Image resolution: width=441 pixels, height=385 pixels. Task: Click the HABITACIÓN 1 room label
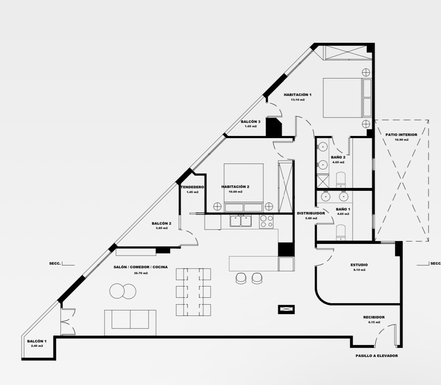click(298, 95)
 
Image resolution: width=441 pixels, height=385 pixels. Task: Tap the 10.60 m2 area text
click(235, 192)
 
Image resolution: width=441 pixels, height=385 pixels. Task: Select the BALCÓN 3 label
click(250, 122)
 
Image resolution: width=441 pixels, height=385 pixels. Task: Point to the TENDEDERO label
click(192, 187)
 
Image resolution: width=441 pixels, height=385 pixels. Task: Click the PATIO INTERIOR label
click(401, 135)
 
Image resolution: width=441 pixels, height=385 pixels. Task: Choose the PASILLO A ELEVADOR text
click(377, 356)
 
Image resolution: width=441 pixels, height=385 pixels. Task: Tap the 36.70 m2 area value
click(141, 273)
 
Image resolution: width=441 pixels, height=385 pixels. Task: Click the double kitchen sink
click(240, 221)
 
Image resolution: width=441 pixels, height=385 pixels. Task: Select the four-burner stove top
click(266, 221)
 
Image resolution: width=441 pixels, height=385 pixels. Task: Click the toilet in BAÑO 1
click(340, 233)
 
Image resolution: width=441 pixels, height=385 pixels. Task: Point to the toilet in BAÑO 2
click(340, 180)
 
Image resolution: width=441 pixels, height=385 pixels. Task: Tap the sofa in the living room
click(130, 323)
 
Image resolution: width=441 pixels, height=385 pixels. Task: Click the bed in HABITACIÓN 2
click(243, 188)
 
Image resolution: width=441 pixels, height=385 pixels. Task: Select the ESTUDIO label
click(359, 265)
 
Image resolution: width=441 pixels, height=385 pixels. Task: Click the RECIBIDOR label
click(374, 317)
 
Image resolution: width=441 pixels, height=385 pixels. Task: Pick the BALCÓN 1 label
click(37, 341)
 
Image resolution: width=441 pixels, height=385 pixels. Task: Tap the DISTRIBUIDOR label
click(311, 213)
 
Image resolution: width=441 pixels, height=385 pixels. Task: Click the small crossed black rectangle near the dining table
click(286, 309)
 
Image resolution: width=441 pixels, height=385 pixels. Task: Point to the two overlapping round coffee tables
click(123, 291)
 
